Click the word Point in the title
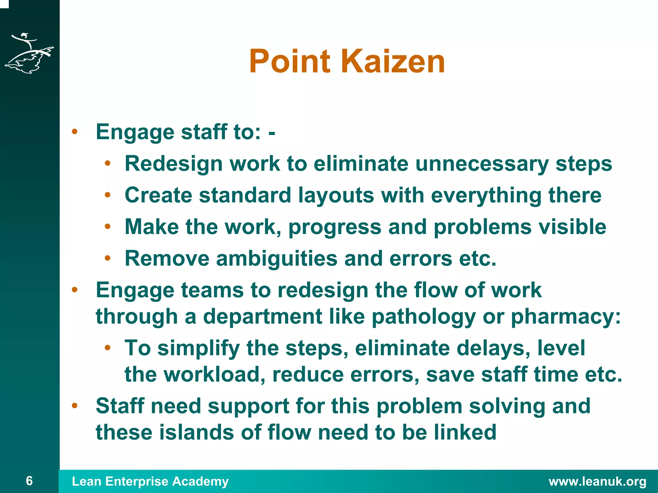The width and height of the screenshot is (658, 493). [x=290, y=61]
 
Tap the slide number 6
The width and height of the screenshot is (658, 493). [x=29, y=481]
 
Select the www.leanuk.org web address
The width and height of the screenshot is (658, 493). [x=598, y=481]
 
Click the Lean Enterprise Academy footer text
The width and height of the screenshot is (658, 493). [x=150, y=481]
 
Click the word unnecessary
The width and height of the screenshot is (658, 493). [x=482, y=164]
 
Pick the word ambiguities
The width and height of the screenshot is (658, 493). [x=277, y=258]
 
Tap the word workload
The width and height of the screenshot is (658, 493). [x=214, y=375]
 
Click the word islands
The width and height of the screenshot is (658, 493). [x=197, y=433]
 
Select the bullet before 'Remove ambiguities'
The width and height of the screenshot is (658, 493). [x=108, y=258]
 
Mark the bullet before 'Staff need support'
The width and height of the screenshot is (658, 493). [x=75, y=405]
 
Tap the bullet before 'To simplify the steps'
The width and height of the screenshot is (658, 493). [x=108, y=347]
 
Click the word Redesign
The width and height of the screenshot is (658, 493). [x=173, y=164]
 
